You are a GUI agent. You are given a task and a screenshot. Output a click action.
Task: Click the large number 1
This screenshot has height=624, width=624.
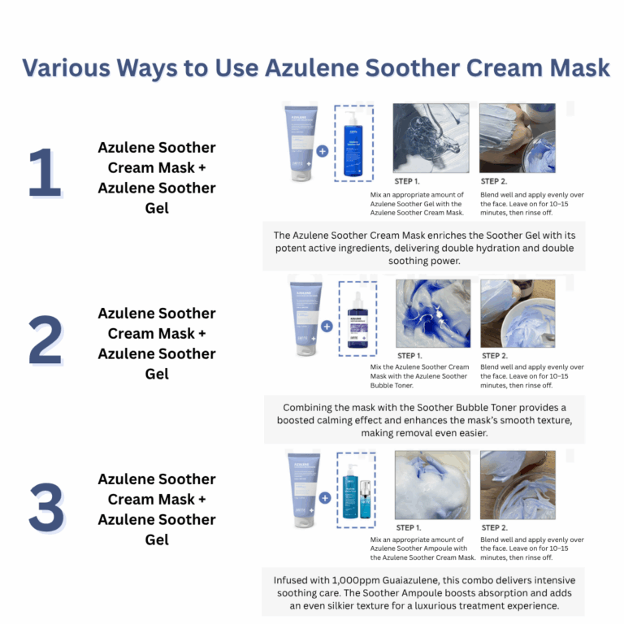45,173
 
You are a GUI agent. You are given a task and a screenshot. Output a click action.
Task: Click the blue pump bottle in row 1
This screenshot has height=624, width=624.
354,143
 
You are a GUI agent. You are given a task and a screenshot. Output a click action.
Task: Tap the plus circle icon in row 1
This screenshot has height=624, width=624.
323,151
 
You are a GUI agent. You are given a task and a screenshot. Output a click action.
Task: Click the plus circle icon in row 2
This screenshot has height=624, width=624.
326,326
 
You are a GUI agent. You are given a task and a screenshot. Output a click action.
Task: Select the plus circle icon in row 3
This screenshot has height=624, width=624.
324,497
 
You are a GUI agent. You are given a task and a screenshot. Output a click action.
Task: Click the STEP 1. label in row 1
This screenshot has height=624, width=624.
408,181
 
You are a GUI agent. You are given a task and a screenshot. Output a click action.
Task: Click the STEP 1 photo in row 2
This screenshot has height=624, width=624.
432,314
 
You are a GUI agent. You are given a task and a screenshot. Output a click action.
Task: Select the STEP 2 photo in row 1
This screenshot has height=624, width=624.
517,137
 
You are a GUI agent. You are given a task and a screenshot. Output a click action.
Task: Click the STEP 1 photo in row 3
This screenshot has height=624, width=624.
432,485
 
